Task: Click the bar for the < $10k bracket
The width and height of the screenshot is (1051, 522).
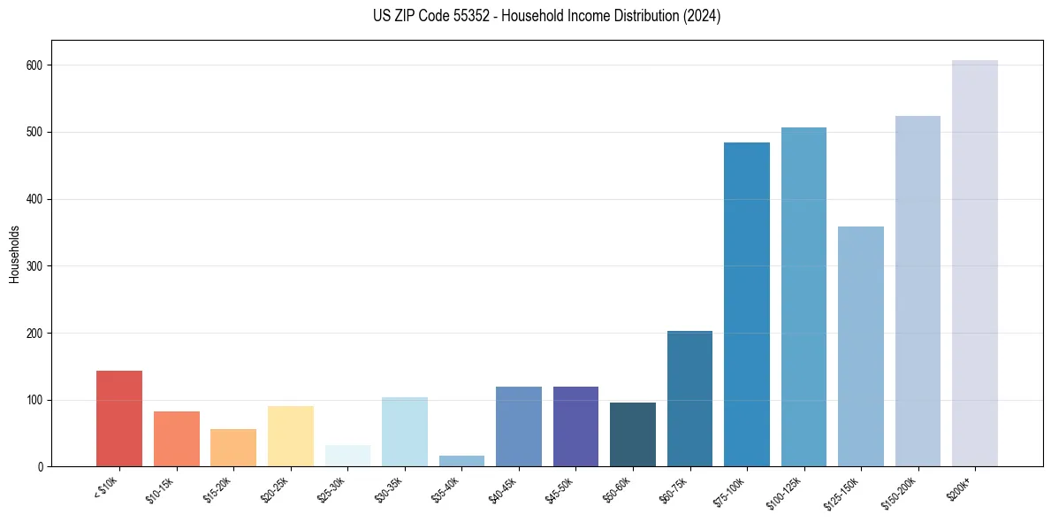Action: [x=119, y=418]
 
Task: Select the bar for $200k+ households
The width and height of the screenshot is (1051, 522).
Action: [x=974, y=264]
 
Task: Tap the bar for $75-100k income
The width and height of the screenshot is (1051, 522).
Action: [x=746, y=304]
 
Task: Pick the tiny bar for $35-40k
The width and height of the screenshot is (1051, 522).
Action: [x=461, y=461]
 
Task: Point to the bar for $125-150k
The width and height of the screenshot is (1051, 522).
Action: [x=860, y=347]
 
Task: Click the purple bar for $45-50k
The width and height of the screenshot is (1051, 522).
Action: [x=575, y=426]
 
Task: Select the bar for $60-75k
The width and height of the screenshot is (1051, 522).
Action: [x=689, y=398]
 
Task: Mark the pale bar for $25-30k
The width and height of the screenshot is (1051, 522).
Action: [x=347, y=456]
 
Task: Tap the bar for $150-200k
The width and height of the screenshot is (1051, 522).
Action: [x=918, y=291]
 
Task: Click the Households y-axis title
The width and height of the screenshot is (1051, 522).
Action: [x=14, y=254]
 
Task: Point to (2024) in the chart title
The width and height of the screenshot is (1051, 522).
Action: [x=703, y=16]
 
